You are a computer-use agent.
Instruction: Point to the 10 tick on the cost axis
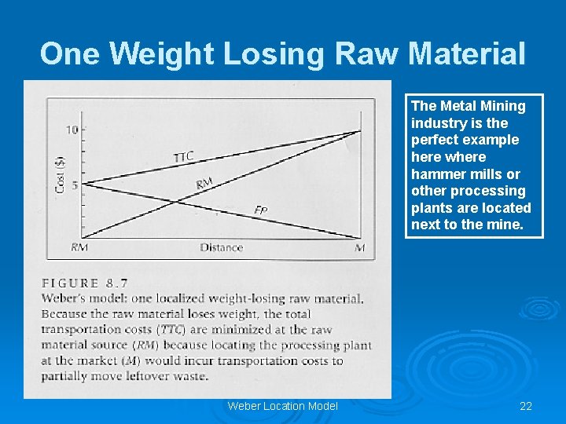(x=72, y=130)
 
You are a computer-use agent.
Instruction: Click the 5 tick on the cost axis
(x=75, y=185)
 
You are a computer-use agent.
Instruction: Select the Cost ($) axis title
(x=61, y=175)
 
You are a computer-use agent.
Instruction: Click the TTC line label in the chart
(x=184, y=155)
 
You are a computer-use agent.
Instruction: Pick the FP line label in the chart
(x=261, y=210)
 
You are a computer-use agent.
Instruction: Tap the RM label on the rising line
(x=204, y=184)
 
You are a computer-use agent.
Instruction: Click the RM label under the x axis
(x=79, y=247)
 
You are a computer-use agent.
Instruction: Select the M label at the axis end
(x=360, y=247)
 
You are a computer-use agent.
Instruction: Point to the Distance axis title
(x=221, y=247)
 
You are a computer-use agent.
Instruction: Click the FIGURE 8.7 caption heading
(x=85, y=283)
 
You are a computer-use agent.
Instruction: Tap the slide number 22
(x=526, y=406)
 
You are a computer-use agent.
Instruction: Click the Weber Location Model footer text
(x=282, y=406)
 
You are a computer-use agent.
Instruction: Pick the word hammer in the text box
(x=436, y=174)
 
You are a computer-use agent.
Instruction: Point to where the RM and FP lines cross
(x=175, y=201)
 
